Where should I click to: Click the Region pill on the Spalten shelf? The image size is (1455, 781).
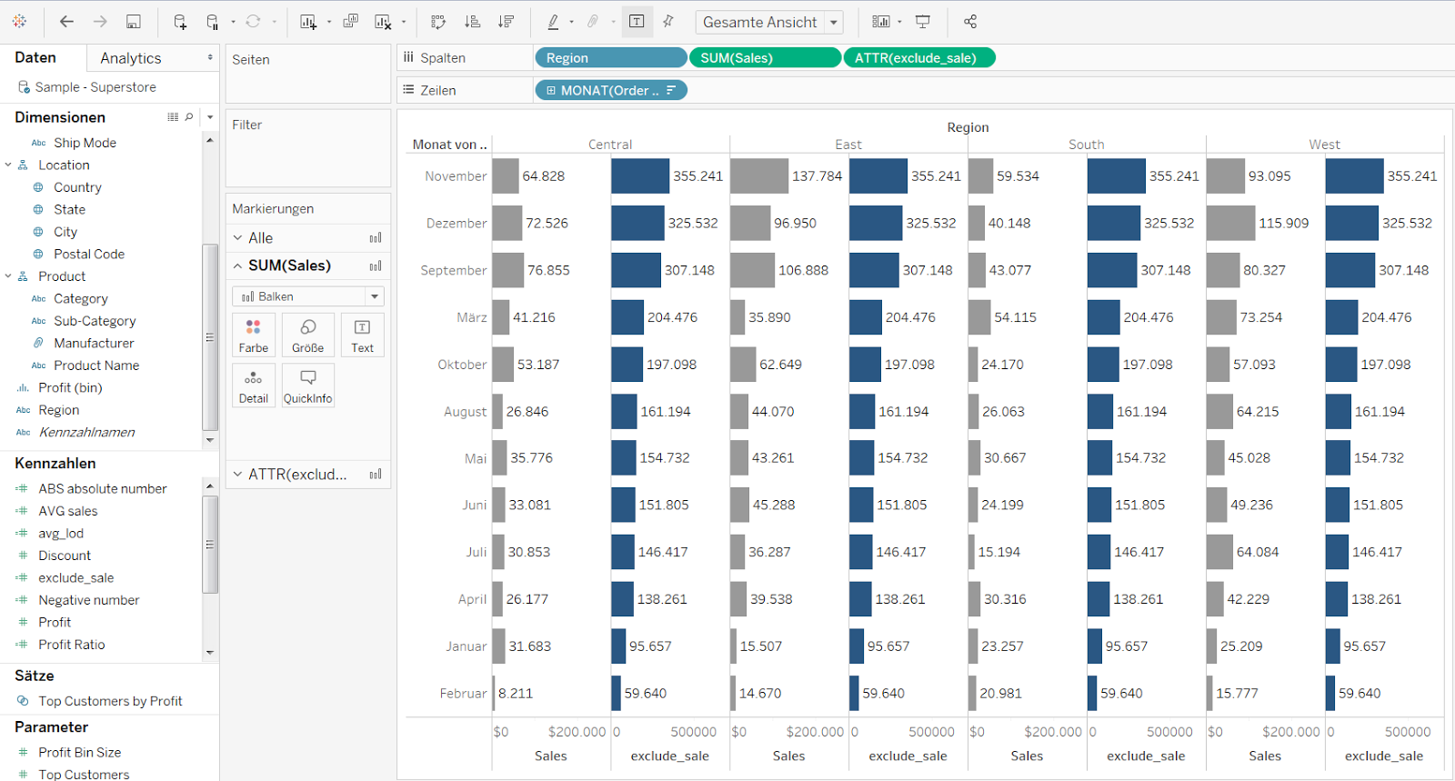pos(609,58)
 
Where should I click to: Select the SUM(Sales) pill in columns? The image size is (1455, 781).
pos(764,58)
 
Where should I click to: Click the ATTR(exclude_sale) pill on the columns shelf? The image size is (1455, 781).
pos(918,58)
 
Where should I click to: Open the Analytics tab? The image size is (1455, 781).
pos(131,58)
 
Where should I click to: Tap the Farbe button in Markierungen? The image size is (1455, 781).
pos(254,335)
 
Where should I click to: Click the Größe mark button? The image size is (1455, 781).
pos(307,335)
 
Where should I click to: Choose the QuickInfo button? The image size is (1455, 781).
pos(307,386)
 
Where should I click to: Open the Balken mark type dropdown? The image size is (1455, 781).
pos(374,296)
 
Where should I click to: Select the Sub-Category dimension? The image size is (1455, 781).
pos(95,321)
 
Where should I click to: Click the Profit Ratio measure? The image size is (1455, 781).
pos(72,645)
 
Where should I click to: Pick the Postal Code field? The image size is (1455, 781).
pos(89,255)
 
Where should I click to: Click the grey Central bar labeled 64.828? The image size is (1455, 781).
pos(506,176)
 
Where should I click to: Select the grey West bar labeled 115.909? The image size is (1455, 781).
pos(1230,224)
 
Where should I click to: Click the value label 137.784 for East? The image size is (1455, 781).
pos(817,176)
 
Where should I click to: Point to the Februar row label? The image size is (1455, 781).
pos(463,694)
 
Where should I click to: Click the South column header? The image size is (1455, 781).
pos(1086,145)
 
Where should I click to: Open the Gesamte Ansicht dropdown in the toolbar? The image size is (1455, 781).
pos(833,23)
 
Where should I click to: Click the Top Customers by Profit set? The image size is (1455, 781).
pos(110,701)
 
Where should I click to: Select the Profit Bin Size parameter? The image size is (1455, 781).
pos(80,753)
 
